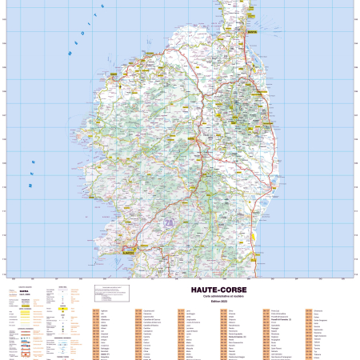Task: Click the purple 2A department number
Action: click(169, 222)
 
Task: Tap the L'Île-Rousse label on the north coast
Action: click(149, 60)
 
